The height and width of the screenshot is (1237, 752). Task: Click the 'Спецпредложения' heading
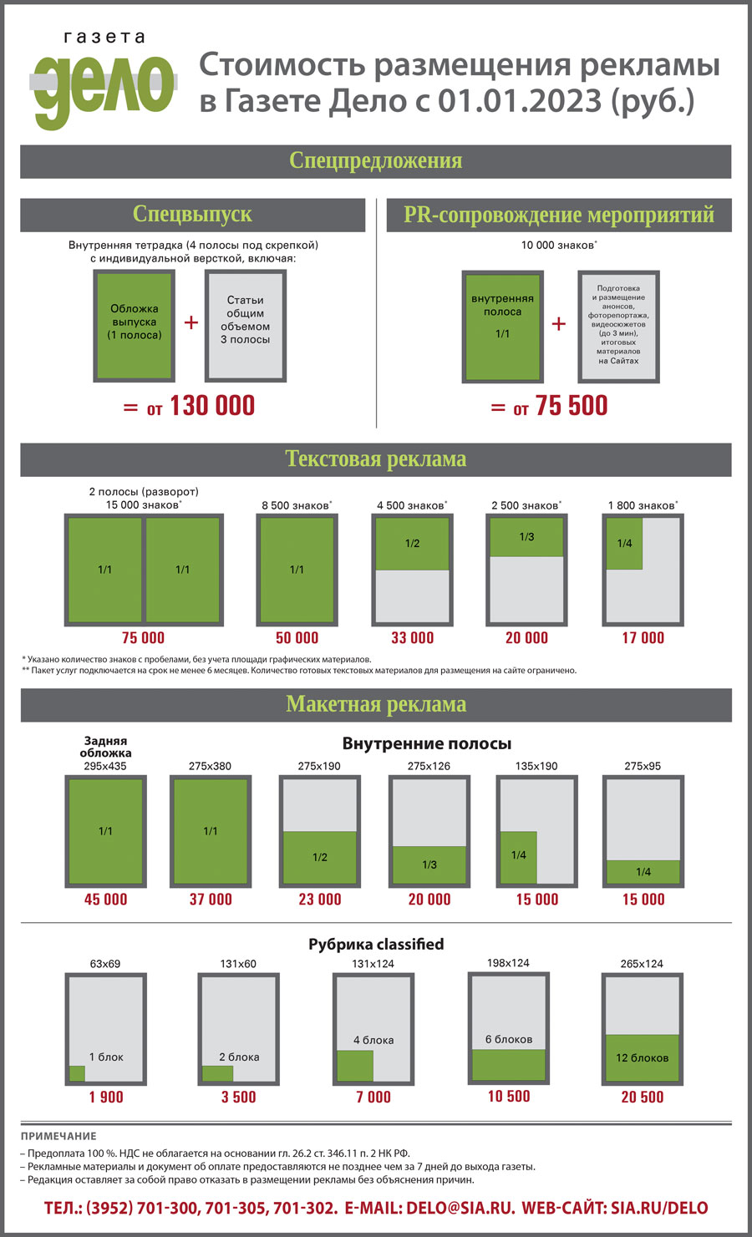point(375,160)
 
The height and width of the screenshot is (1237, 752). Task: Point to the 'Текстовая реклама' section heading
point(375,459)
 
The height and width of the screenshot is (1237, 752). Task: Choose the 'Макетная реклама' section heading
point(375,704)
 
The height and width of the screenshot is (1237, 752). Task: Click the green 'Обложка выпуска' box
point(134,326)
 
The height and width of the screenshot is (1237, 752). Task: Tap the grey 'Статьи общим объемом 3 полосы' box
point(246,326)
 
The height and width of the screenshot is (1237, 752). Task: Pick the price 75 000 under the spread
point(143,638)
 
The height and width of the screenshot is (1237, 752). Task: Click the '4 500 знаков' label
point(412,505)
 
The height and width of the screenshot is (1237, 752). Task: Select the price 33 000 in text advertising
point(412,638)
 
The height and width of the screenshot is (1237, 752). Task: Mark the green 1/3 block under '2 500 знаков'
point(526,537)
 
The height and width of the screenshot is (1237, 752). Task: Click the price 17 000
point(643,638)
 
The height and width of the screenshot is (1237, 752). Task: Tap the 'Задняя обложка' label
point(105,746)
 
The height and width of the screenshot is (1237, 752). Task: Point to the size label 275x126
point(429,766)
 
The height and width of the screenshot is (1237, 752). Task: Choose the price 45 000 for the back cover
point(105,900)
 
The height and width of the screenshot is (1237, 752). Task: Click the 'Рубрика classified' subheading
point(376,944)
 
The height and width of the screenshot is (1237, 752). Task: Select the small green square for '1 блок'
point(77,1073)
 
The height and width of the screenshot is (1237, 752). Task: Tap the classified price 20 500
point(642,1097)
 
